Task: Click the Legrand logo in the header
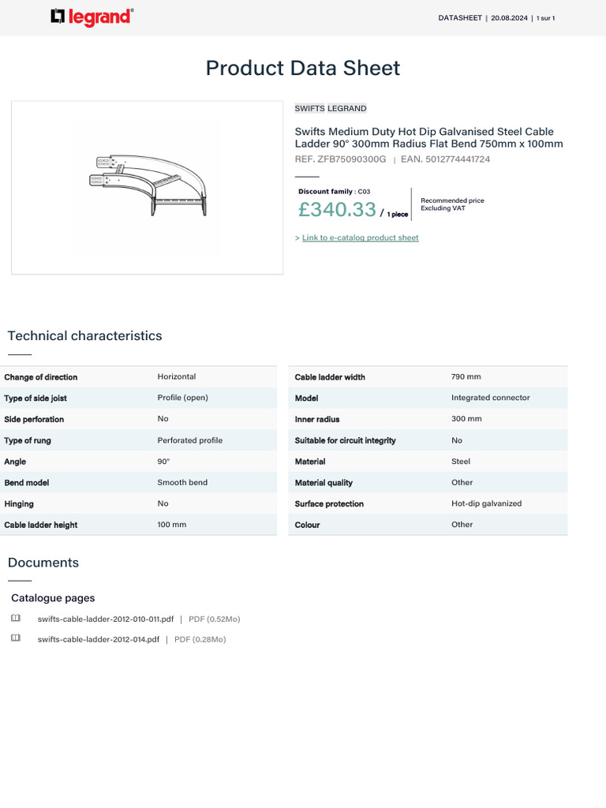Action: coord(92,17)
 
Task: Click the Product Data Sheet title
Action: coord(302,68)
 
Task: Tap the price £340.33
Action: coord(337,209)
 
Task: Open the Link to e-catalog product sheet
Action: coord(360,238)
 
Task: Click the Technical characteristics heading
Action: coord(84,336)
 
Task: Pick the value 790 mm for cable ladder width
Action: coord(466,377)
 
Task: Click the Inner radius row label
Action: coord(317,419)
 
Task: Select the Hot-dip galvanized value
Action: coord(486,503)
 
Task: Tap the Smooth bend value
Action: coord(182,482)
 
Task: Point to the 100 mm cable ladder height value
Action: coord(172,525)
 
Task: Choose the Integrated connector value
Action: coord(490,398)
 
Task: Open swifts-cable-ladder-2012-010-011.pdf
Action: coord(105,619)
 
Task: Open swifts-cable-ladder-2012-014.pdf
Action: coord(98,639)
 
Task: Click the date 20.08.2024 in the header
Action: coord(510,18)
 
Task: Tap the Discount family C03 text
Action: coord(334,192)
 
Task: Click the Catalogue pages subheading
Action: coord(53,598)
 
